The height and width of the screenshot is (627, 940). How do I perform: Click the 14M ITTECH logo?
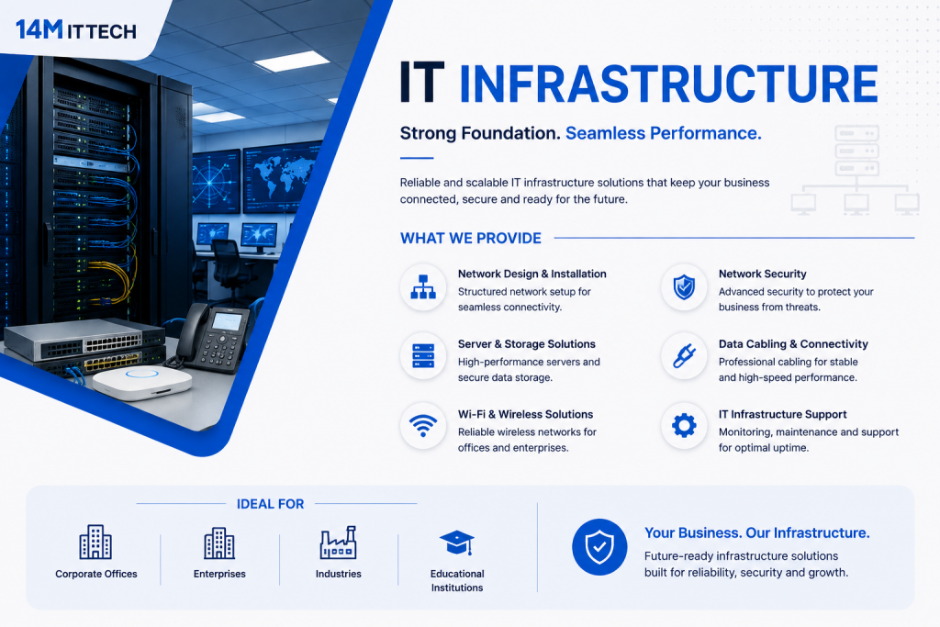(76, 29)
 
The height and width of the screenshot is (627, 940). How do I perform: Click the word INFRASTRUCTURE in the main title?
(668, 84)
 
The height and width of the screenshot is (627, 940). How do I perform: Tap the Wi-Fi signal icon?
(423, 426)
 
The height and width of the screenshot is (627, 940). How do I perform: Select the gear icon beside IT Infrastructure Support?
(684, 426)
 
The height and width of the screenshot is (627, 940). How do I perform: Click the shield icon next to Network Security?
(684, 287)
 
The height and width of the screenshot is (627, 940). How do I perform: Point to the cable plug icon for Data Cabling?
(684, 356)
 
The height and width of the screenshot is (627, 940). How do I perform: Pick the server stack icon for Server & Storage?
(423, 356)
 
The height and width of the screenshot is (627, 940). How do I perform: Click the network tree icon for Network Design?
(423, 286)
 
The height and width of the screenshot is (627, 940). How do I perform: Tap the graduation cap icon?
(457, 543)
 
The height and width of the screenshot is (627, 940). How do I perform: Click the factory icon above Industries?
(338, 543)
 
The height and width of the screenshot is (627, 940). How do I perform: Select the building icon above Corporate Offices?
(95, 542)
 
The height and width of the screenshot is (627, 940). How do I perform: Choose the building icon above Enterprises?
(219, 543)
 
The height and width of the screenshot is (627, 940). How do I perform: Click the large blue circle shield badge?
(599, 547)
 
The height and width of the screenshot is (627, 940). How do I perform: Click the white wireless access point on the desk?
(142, 383)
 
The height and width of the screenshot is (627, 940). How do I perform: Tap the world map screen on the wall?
(281, 177)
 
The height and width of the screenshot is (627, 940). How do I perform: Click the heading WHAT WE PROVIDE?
(471, 238)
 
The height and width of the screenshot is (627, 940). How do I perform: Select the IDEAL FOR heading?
(271, 504)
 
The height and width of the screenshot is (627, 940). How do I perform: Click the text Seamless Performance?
(664, 133)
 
